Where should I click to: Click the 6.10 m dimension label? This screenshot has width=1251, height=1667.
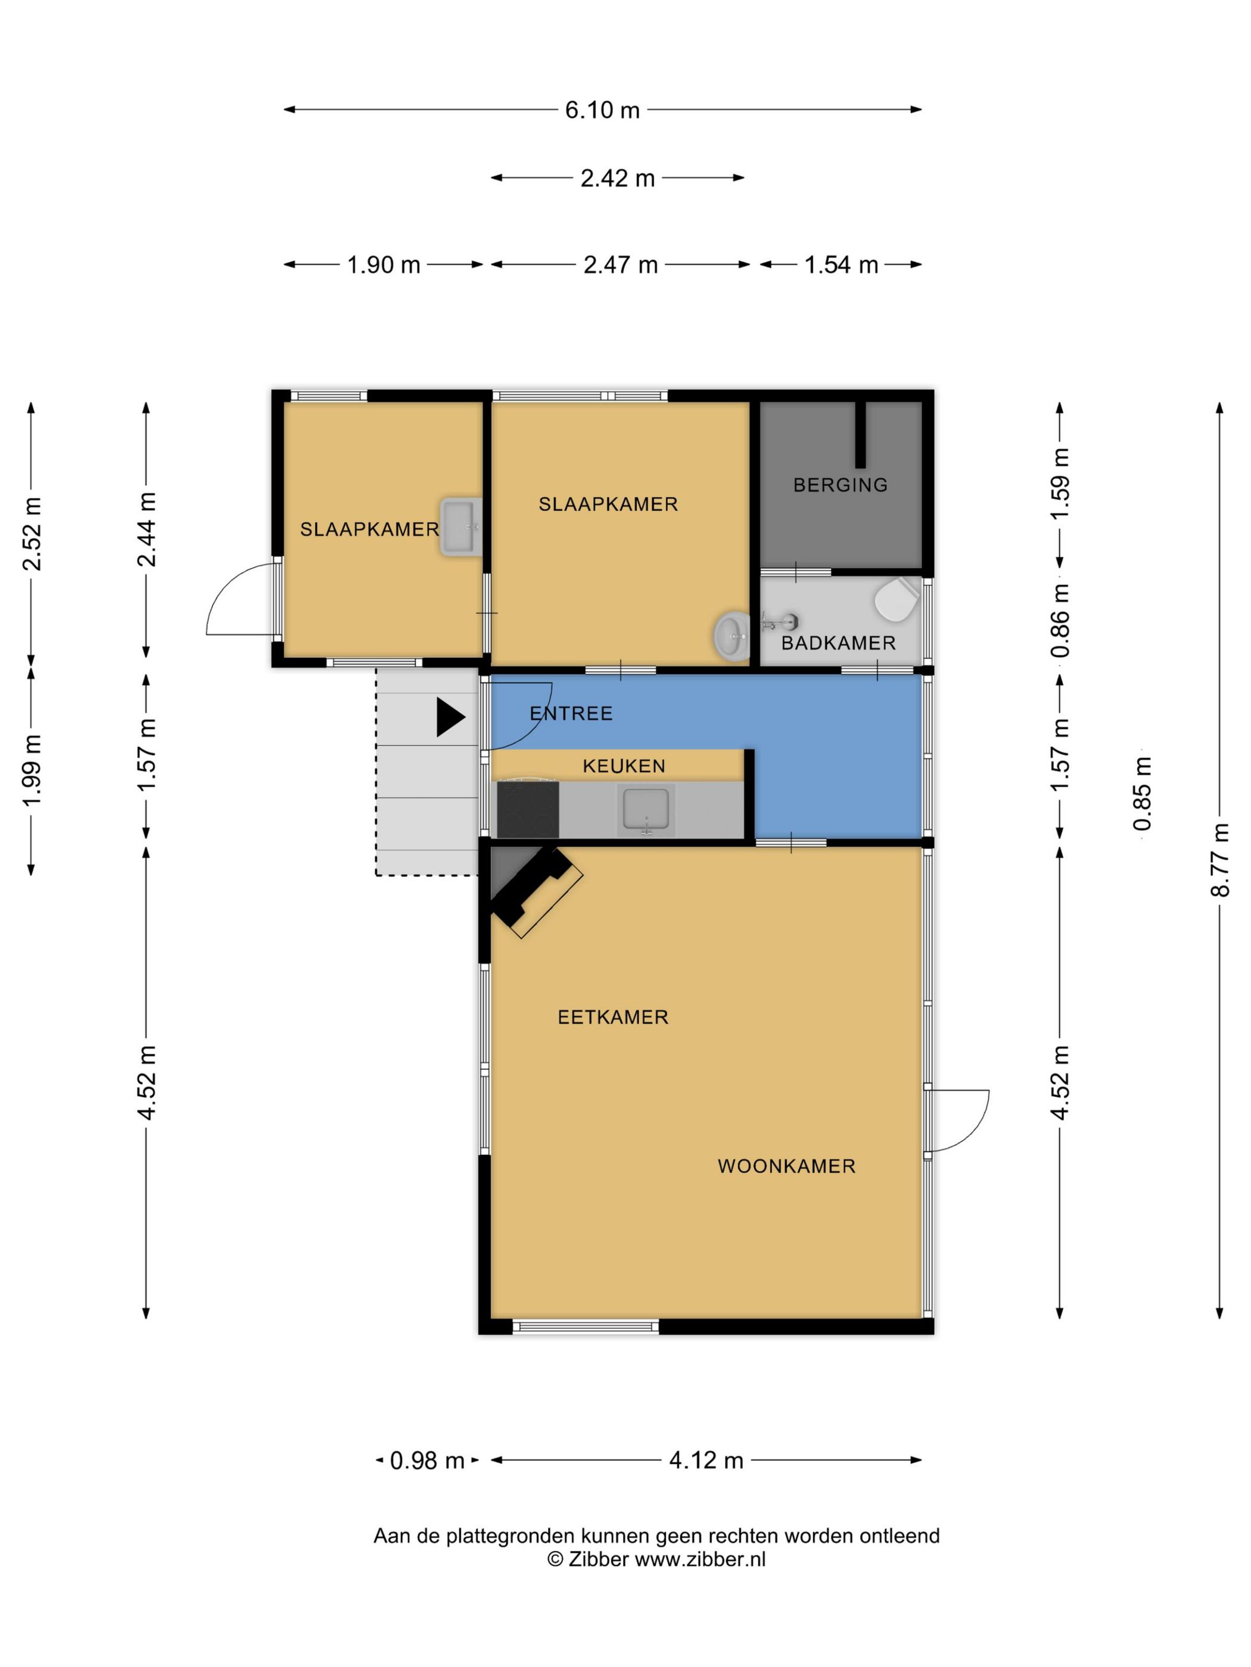click(x=602, y=110)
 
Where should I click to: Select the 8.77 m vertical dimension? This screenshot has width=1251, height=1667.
click(x=1219, y=859)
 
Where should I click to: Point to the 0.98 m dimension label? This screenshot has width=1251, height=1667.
click(x=427, y=1460)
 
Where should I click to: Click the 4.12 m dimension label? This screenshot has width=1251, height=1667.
click(x=706, y=1460)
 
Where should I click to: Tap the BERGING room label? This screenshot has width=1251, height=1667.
click(x=840, y=485)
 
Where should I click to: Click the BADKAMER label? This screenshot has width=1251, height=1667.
click(x=838, y=643)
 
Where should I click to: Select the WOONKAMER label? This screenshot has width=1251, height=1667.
click(x=786, y=1166)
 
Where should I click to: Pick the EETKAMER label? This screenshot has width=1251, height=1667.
click(x=613, y=1017)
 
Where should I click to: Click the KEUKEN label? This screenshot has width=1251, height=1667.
click(x=624, y=766)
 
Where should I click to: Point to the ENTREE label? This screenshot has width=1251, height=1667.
click(x=571, y=713)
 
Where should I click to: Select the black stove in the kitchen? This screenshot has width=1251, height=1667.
click(x=528, y=809)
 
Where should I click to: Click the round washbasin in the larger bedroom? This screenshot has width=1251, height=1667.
click(x=732, y=635)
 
